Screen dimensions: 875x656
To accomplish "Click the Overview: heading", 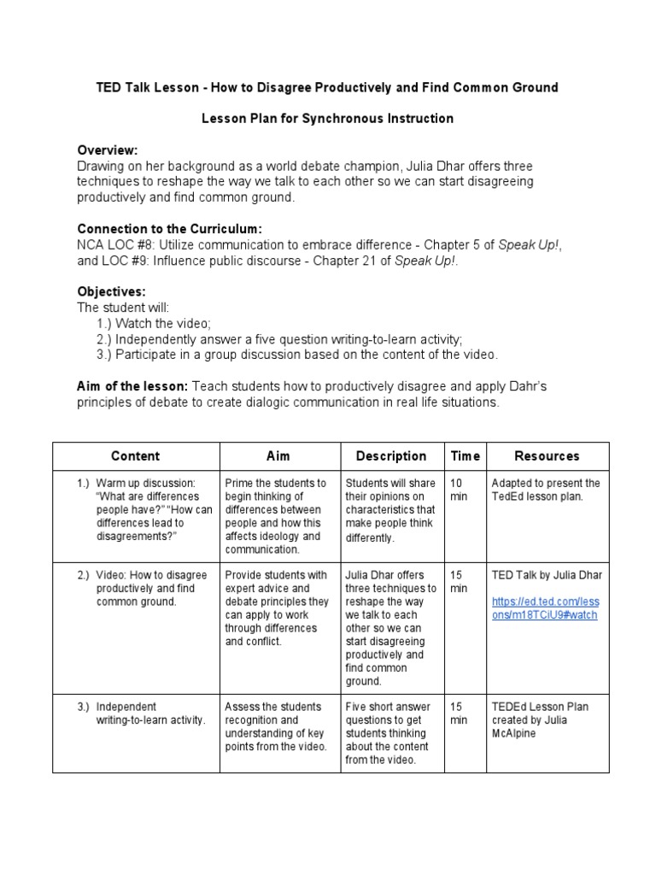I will (x=107, y=150).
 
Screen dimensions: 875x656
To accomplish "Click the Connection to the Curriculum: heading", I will (x=169, y=229).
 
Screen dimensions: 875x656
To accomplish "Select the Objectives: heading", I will (x=111, y=291).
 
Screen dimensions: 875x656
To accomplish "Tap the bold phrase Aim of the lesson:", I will (x=132, y=386).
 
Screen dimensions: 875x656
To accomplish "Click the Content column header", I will (x=135, y=456).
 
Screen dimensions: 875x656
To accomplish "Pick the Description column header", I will (x=391, y=456).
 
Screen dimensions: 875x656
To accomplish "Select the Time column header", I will (x=465, y=456).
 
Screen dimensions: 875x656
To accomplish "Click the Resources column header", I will (x=547, y=456).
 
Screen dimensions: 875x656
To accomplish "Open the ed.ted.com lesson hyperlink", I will (x=545, y=608).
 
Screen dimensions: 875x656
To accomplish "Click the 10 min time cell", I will (x=460, y=490).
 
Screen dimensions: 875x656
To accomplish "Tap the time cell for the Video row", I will (x=460, y=582).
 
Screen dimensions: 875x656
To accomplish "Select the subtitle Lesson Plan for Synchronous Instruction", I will (x=327, y=118).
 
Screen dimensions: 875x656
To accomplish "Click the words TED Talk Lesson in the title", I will (x=144, y=87).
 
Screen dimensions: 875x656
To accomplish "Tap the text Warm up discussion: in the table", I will (x=145, y=483).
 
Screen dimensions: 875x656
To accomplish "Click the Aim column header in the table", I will (x=279, y=456).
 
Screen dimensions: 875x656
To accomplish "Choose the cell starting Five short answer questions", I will (x=389, y=733).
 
